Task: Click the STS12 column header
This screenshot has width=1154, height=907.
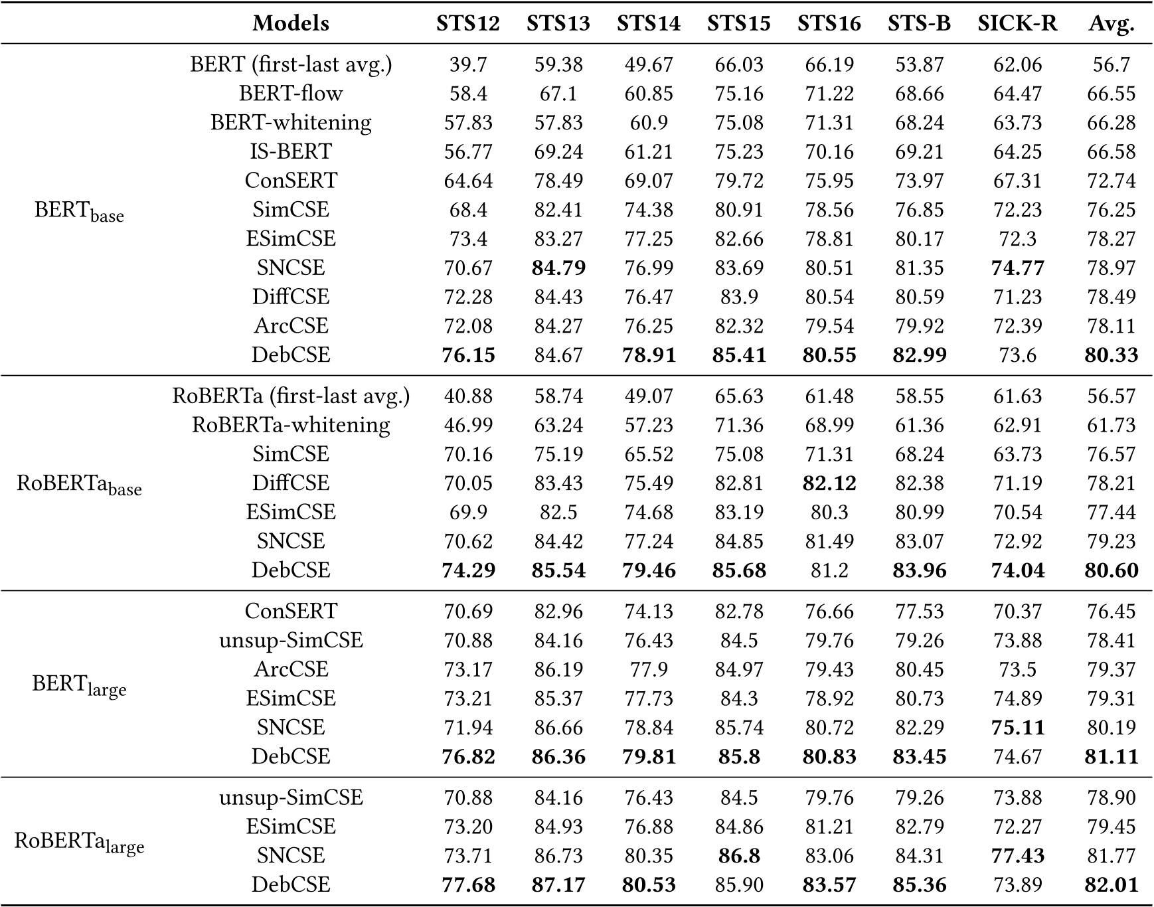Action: (x=467, y=24)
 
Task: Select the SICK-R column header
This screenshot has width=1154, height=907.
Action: (x=1017, y=24)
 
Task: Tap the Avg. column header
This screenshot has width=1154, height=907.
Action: (x=1111, y=24)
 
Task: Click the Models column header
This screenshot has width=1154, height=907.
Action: (x=291, y=24)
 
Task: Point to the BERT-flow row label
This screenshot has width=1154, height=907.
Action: (x=291, y=94)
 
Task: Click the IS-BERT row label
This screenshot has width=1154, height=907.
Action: (x=291, y=151)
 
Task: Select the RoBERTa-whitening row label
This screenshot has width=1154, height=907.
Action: (x=291, y=425)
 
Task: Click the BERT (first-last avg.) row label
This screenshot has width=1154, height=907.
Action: (x=291, y=64)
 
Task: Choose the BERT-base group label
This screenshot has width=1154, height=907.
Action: (x=79, y=212)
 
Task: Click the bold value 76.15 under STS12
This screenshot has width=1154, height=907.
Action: (x=468, y=355)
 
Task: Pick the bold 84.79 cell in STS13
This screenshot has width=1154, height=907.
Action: (x=558, y=268)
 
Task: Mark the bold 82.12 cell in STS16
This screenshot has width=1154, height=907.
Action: (x=829, y=483)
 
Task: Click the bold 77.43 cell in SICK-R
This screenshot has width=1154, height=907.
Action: (x=1017, y=856)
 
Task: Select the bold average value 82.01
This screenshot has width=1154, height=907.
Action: (x=1111, y=885)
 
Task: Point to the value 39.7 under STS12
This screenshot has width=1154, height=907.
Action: (x=468, y=64)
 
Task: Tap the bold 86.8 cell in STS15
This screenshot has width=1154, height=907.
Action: (x=738, y=856)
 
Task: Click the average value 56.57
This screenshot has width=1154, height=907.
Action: (x=1111, y=396)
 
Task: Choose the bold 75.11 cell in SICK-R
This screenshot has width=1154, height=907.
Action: (x=1017, y=728)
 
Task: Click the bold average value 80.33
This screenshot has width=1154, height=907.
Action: (x=1111, y=355)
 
